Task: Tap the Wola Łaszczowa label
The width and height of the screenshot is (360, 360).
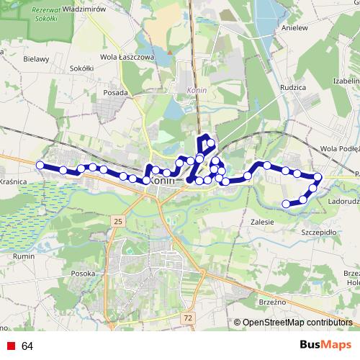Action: point(127,57)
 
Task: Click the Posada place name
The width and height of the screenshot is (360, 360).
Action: point(115,92)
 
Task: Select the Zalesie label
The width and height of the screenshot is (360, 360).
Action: point(262,222)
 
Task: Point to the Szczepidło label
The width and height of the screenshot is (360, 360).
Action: point(319,233)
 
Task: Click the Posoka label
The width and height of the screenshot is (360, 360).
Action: point(84,274)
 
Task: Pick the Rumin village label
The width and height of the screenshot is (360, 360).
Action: point(24,256)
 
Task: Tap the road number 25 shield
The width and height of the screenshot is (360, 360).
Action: point(118,220)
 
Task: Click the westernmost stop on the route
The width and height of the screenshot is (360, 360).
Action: point(40,165)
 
